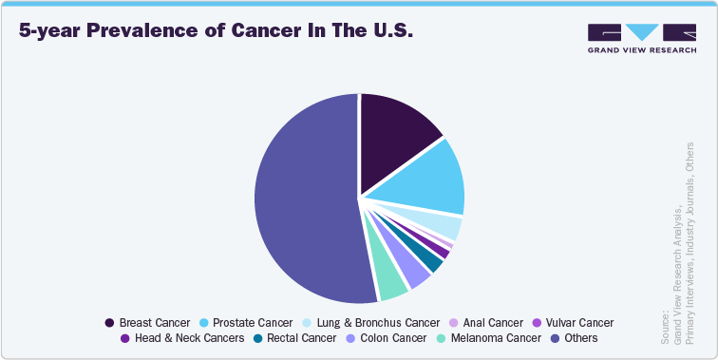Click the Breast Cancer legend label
pos(155,323)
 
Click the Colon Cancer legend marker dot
pos(351,338)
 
